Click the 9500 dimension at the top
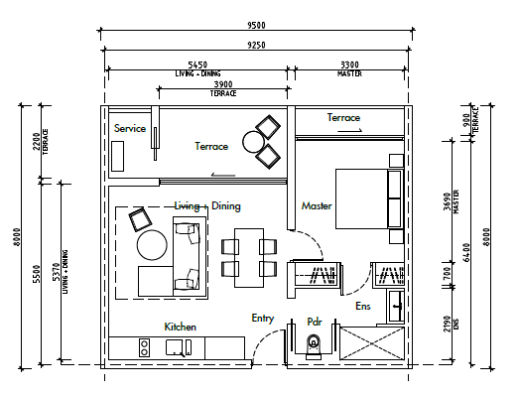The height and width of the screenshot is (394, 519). pyautogui.click(x=256, y=25)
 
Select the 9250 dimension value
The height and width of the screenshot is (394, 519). pyautogui.click(x=256, y=45)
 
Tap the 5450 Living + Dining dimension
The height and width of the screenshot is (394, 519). pyautogui.click(x=197, y=65)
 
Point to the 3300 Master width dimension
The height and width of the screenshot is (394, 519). pyautogui.click(x=349, y=65)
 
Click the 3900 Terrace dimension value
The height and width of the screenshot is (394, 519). pyautogui.click(x=223, y=84)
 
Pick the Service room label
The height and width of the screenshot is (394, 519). pyautogui.click(x=130, y=128)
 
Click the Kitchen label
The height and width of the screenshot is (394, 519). pyautogui.click(x=180, y=328)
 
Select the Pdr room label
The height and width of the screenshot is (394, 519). pyautogui.click(x=315, y=322)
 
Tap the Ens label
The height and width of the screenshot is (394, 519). pyautogui.click(x=363, y=306)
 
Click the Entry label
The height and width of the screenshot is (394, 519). pyautogui.click(x=263, y=319)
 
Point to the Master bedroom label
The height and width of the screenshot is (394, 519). pyautogui.click(x=317, y=206)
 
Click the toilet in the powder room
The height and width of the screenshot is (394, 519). pyautogui.click(x=314, y=346)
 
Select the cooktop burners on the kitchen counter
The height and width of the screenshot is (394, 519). pyautogui.click(x=144, y=347)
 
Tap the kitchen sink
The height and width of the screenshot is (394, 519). pyautogui.click(x=175, y=347)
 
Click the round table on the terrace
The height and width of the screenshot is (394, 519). pyautogui.click(x=253, y=142)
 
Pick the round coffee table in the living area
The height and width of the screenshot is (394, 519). pyautogui.click(x=152, y=245)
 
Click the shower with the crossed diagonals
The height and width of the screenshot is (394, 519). pyautogui.click(x=372, y=343)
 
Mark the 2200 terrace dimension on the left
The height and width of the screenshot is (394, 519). pyautogui.click(x=37, y=141)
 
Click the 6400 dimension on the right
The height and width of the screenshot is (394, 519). pyautogui.click(x=466, y=252)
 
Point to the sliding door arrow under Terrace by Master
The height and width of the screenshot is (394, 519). pyautogui.click(x=350, y=131)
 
